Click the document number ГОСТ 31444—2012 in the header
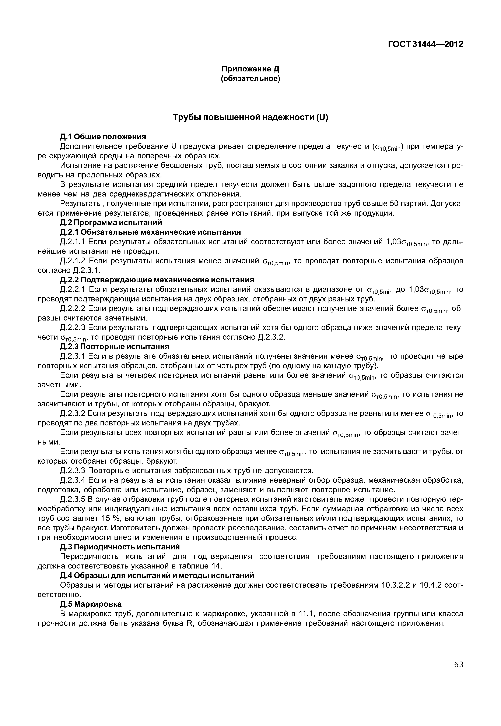425,44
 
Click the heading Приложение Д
250,69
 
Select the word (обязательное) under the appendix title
250,78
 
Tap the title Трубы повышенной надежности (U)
250,117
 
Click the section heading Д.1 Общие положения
103,137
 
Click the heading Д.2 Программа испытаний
111,223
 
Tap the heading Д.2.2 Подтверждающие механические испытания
157,280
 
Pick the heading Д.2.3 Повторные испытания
115,347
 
